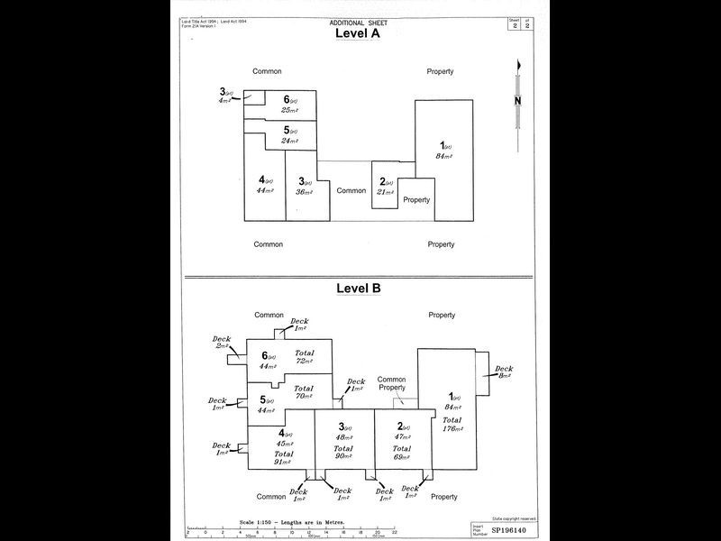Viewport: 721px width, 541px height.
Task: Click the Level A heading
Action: [x=357, y=33]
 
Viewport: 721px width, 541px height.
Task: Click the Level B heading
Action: [x=358, y=289]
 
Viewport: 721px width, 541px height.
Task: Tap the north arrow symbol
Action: [x=518, y=101]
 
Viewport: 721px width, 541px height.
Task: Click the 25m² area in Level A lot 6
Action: [x=288, y=110]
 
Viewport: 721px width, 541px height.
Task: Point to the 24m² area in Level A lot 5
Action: [x=288, y=141]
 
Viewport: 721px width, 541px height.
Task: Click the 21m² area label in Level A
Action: [x=385, y=191]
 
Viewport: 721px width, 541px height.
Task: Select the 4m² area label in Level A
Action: [x=224, y=101]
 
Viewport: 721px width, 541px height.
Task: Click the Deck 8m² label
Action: [x=503, y=372]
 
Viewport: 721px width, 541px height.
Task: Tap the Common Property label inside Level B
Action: [x=391, y=384]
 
